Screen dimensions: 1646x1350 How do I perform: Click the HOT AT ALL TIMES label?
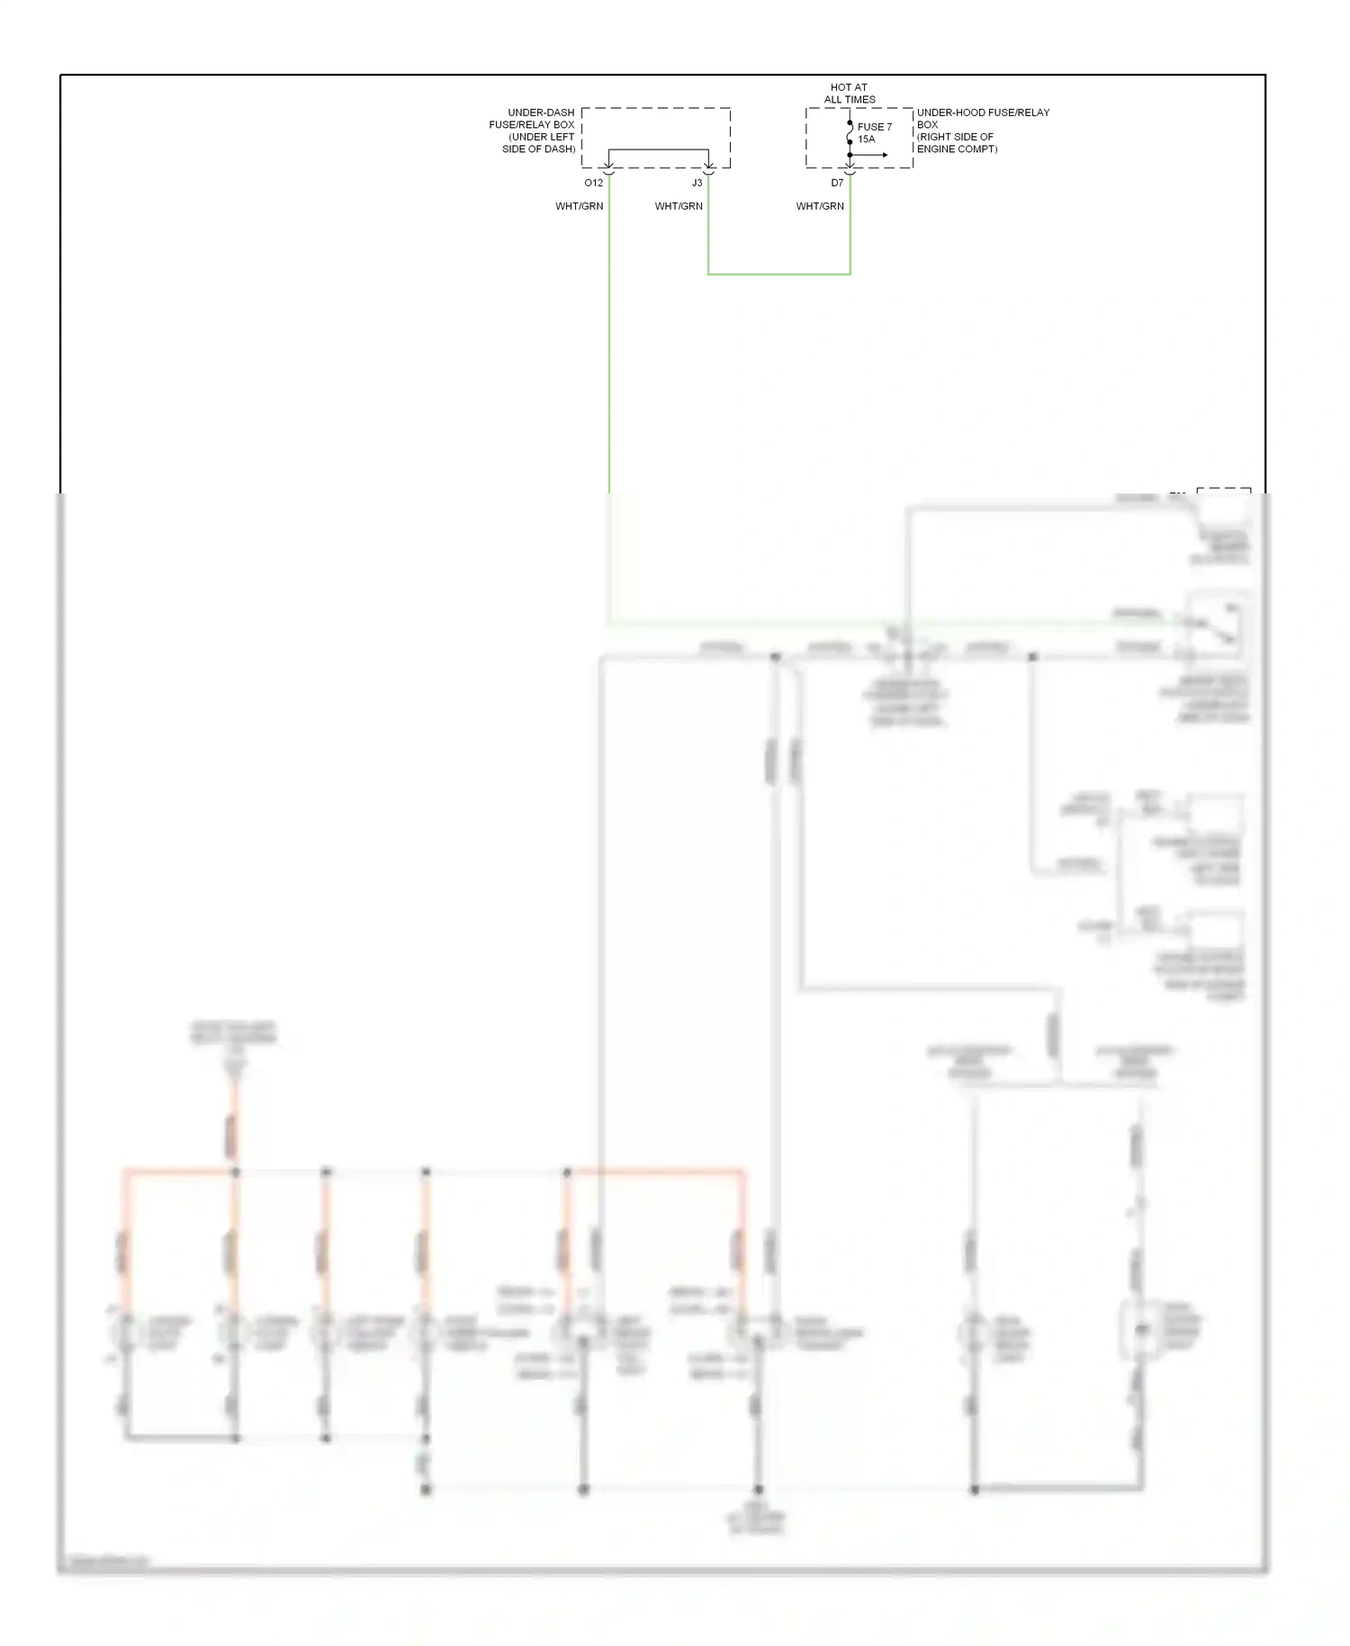tap(849, 94)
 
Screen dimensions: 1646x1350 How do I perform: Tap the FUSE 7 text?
tap(874, 127)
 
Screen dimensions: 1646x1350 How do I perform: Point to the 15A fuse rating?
tap(866, 140)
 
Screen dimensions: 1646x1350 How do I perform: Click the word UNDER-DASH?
tap(541, 113)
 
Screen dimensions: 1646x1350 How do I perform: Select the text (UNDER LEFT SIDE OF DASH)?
tap(539, 143)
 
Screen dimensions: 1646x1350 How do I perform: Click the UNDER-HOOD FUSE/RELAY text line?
tap(983, 113)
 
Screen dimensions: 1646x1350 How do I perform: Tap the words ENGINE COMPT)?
tap(957, 149)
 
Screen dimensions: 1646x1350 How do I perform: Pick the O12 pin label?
tap(593, 183)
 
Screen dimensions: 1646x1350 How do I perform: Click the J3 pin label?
tap(697, 183)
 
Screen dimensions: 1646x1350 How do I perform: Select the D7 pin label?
tap(837, 183)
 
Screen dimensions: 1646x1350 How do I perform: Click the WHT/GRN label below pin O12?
tap(579, 206)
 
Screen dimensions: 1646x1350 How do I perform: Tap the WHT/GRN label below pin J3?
tap(679, 206)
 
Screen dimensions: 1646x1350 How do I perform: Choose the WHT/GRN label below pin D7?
tap(820, 206)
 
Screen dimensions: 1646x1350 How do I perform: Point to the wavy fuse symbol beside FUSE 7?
tap(850, 132)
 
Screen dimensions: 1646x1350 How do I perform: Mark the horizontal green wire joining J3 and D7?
tap(778, 274)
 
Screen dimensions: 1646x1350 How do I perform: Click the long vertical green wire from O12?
tap(609, 360)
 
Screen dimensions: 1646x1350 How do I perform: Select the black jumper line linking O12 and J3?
tap(658, 149)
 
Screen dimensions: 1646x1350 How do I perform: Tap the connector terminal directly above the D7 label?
tap(850, 167)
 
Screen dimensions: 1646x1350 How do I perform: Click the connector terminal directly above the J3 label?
tap(708, 167)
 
